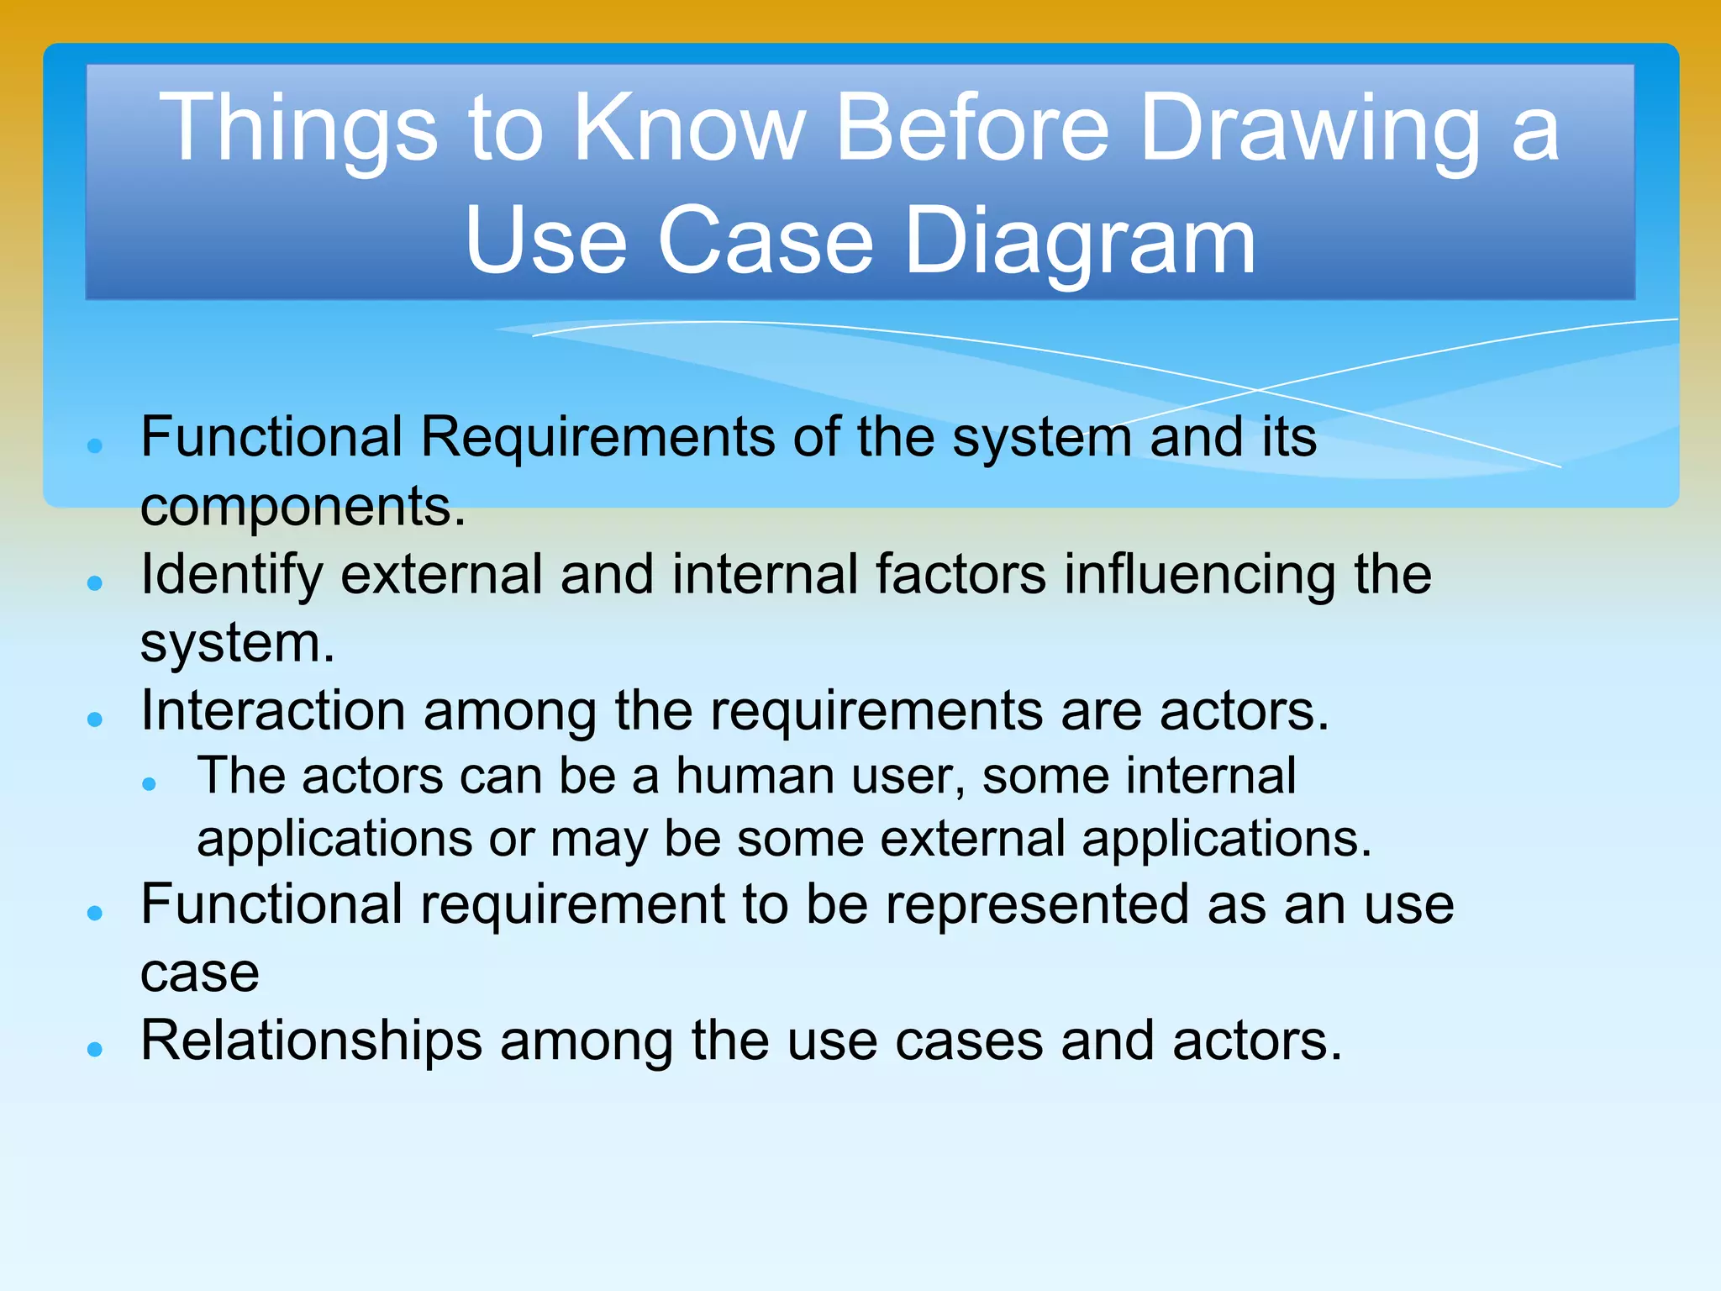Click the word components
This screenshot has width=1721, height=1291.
pos(303,507)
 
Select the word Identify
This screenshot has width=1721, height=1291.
pos(232,576)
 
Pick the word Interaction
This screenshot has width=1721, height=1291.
pos(273,712)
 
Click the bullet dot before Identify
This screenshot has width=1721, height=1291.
pos(95,582)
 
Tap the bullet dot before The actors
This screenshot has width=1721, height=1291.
pos(150,784)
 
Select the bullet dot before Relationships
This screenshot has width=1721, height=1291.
pos(95,1049)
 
